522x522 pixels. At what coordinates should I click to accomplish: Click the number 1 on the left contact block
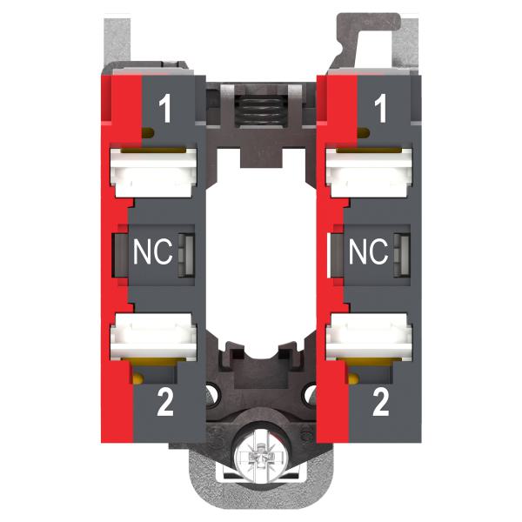click(x=165, y=108)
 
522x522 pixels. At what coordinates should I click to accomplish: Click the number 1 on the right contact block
click(x=380, y=108)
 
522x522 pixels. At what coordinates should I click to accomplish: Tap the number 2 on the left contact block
click(x=165, y=403)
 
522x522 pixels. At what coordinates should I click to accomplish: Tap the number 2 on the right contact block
click(x=381, y=403)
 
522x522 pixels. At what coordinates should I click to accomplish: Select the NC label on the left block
click(x=153, y=251)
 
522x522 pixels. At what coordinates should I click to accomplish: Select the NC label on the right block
click(x=369, y=251)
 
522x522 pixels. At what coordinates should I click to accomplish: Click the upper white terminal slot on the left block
click(x=153, y=173)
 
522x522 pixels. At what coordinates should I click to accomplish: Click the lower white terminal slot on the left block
click(x=153, y=337)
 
